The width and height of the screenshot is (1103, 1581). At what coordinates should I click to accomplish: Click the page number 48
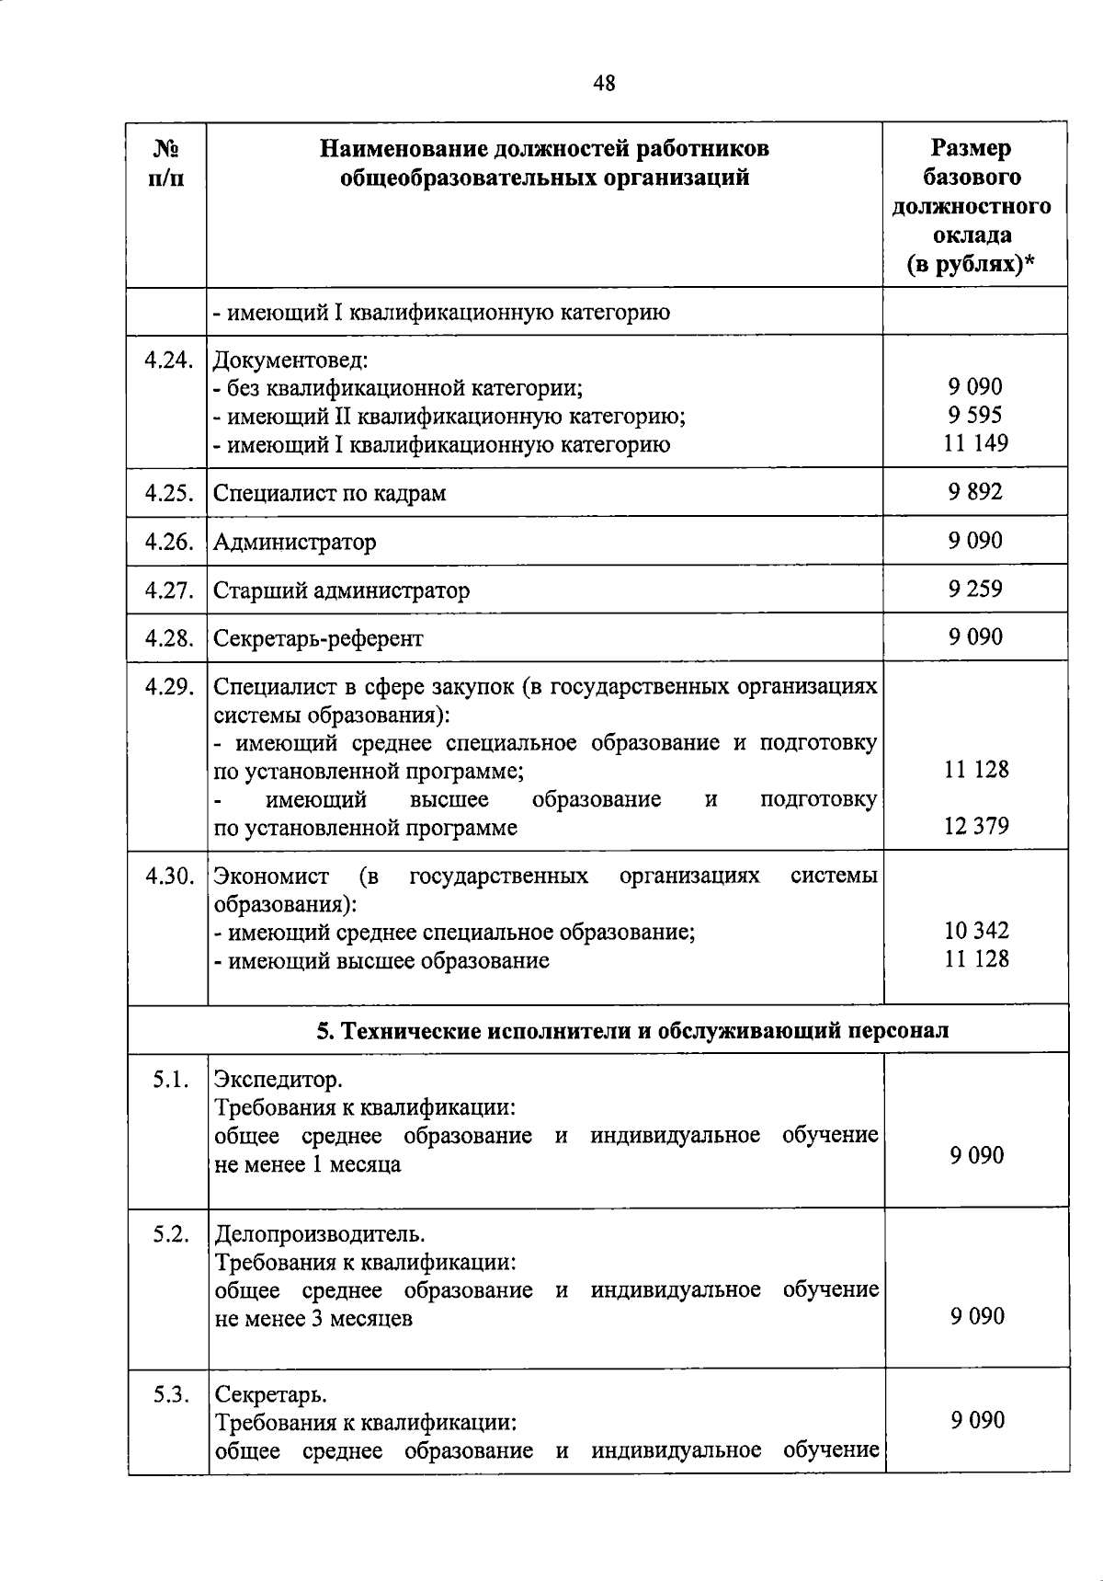604,85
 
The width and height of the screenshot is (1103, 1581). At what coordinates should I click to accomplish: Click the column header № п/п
165,163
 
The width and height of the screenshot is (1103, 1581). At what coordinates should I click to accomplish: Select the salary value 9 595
975,415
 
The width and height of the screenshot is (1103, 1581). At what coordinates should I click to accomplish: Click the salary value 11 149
975,443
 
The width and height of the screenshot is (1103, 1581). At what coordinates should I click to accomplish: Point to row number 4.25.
167,493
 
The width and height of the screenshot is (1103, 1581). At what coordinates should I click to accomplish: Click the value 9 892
975,492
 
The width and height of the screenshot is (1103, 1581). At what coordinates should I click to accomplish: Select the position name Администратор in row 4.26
294,543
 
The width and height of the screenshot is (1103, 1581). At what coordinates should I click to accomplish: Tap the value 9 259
975,590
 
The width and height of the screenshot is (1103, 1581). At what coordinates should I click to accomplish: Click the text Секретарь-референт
318,639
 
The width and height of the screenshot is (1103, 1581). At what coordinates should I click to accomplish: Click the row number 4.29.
168,687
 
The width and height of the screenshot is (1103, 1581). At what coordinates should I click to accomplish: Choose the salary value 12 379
975,826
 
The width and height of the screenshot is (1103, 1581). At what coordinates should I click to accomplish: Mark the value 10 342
975,931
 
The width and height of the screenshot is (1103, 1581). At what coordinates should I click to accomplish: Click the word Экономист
270,876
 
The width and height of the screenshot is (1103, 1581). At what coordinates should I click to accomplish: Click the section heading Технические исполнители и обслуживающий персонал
632,1031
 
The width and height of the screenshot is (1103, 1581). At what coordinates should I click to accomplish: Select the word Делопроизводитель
306,1233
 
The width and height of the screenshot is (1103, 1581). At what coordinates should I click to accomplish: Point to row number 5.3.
171,1394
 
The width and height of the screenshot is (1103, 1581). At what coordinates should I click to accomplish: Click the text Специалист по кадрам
329,494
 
